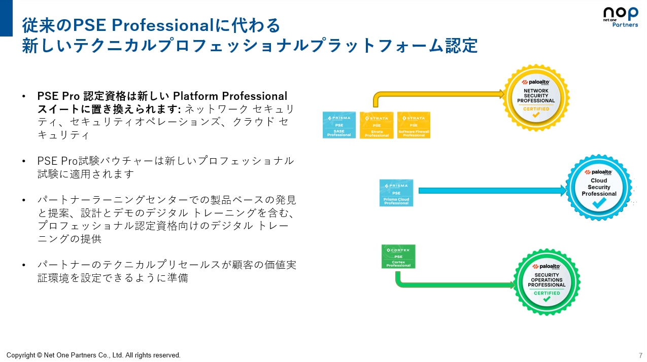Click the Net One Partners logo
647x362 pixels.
(x=620, y=17)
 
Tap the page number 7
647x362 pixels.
(x=640, y=355)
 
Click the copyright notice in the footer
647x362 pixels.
(x=93, y=355)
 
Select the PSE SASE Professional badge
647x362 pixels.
(x=339, y=125)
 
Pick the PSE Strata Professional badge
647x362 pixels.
(x=377, y=125)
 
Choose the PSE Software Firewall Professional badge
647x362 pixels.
(x=414, y=125)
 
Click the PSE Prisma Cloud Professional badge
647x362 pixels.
(x=396, y=193)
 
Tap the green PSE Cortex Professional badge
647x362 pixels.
(x=398, y=257)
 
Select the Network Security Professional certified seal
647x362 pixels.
(x=536, y=97)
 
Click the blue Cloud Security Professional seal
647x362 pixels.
(x=599, y=188)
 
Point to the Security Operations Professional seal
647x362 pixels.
(x=547, y=282)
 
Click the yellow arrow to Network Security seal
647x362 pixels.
(x=436, y=94)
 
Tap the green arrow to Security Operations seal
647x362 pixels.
(x=452, y=284)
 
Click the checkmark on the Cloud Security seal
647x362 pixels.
(x=599, y=203)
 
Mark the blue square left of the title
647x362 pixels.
(x=6, y=18)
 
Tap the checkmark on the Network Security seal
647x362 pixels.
(x=536, y=115)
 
